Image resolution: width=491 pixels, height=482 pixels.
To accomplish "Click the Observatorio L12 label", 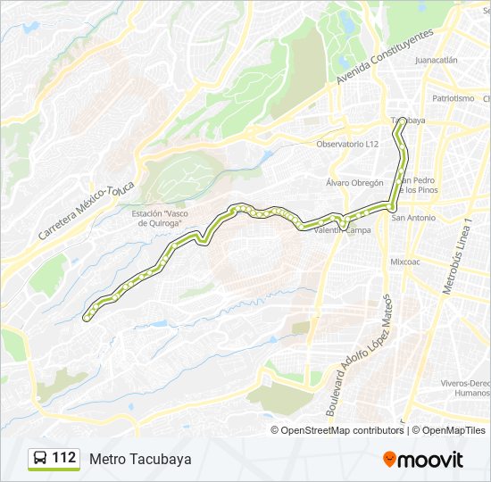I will (347, 144).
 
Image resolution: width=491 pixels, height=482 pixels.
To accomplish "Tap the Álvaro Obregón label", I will (354, 183).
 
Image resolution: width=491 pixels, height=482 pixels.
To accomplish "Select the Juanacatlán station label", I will (437, 61).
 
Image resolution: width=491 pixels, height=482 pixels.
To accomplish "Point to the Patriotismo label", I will (453, 98).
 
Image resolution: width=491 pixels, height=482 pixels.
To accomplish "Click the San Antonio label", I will (413, 218).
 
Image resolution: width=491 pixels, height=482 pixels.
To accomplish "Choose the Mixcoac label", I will (404, 262).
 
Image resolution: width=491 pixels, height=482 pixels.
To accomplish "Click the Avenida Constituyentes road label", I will (385, 56).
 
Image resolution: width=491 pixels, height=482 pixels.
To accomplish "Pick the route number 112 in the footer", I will (63, 458).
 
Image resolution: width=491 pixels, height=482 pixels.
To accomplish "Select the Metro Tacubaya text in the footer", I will (140, 459).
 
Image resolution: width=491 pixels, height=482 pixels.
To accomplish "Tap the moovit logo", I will (423, 459).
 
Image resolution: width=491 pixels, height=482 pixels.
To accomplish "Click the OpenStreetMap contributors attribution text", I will (343, 430).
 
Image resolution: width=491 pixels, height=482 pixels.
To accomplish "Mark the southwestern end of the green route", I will (87, 316).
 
